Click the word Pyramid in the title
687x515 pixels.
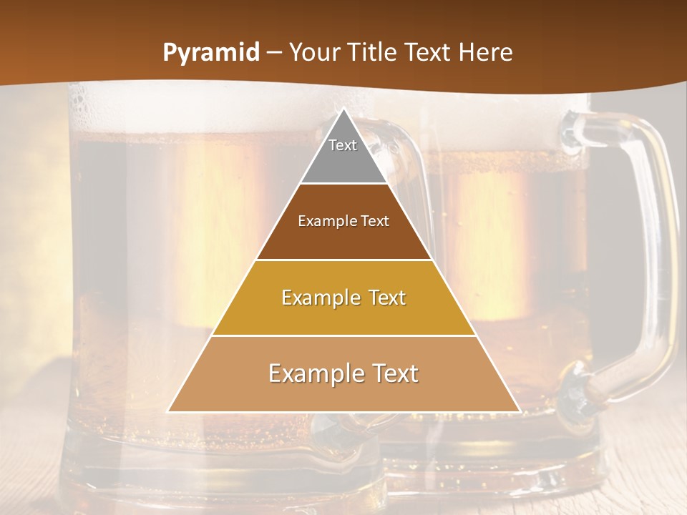tap(210, 53)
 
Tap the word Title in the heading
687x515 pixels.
tap(375, 53)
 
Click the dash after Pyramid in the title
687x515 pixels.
tap(275, 53)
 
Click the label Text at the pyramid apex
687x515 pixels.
tap(343, 145)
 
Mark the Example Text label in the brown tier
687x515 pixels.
tap(343, 221)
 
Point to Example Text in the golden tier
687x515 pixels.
tap(343, 298)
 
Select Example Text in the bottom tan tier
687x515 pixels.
tap(343, 373)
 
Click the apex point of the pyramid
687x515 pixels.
tap(343, 109)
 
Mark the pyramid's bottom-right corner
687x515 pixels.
tap(519, 411)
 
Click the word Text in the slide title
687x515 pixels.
tap(430, 53)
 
